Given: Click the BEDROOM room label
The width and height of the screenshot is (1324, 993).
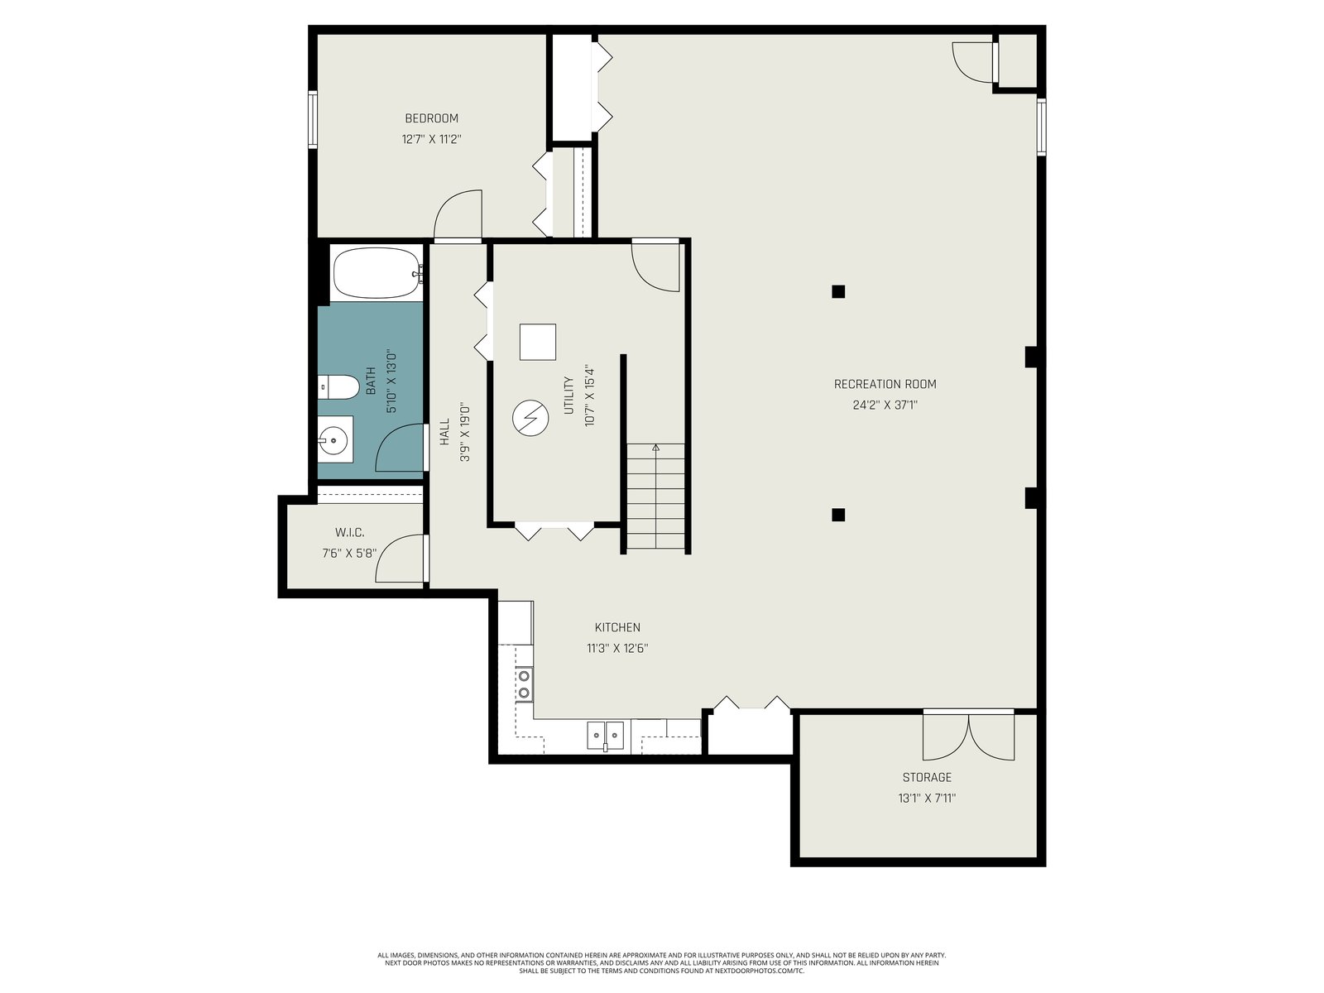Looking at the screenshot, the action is pos(431,118).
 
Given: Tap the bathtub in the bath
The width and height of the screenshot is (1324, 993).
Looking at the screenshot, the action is pos(377,273).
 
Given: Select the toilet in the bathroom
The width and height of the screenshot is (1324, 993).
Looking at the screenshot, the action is pos(338,387).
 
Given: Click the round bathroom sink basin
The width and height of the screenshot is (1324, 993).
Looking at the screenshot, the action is pos(333,439).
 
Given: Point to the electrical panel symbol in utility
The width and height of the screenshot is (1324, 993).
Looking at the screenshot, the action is pos(530,418).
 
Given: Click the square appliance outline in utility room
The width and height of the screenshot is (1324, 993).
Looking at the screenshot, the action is pos(537,342).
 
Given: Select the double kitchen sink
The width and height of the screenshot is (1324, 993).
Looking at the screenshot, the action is pos(606,735).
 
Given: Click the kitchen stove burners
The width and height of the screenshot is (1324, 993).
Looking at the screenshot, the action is pos(524,684).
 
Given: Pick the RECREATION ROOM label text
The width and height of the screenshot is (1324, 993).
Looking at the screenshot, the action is pos(885,384).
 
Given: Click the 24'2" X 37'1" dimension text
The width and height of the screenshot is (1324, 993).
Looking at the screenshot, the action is pos(885,405).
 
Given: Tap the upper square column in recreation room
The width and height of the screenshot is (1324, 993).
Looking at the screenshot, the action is pos(837,292).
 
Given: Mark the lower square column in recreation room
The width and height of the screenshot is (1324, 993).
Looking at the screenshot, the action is pos(837,515).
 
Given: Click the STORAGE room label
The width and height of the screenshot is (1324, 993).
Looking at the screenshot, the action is pos(927,777).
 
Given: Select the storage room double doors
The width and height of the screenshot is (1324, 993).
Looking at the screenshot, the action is pos(969,736).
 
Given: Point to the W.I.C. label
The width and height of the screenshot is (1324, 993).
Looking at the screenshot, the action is pos(350,533).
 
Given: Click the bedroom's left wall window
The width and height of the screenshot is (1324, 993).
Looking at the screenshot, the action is pos(313,119).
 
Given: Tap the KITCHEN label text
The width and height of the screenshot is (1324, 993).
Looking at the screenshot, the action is pos(617,627).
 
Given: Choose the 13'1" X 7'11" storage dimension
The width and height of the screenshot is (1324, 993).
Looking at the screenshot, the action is pos(927,799).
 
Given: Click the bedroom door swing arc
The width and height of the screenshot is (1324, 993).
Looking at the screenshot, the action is pos(450,205).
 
